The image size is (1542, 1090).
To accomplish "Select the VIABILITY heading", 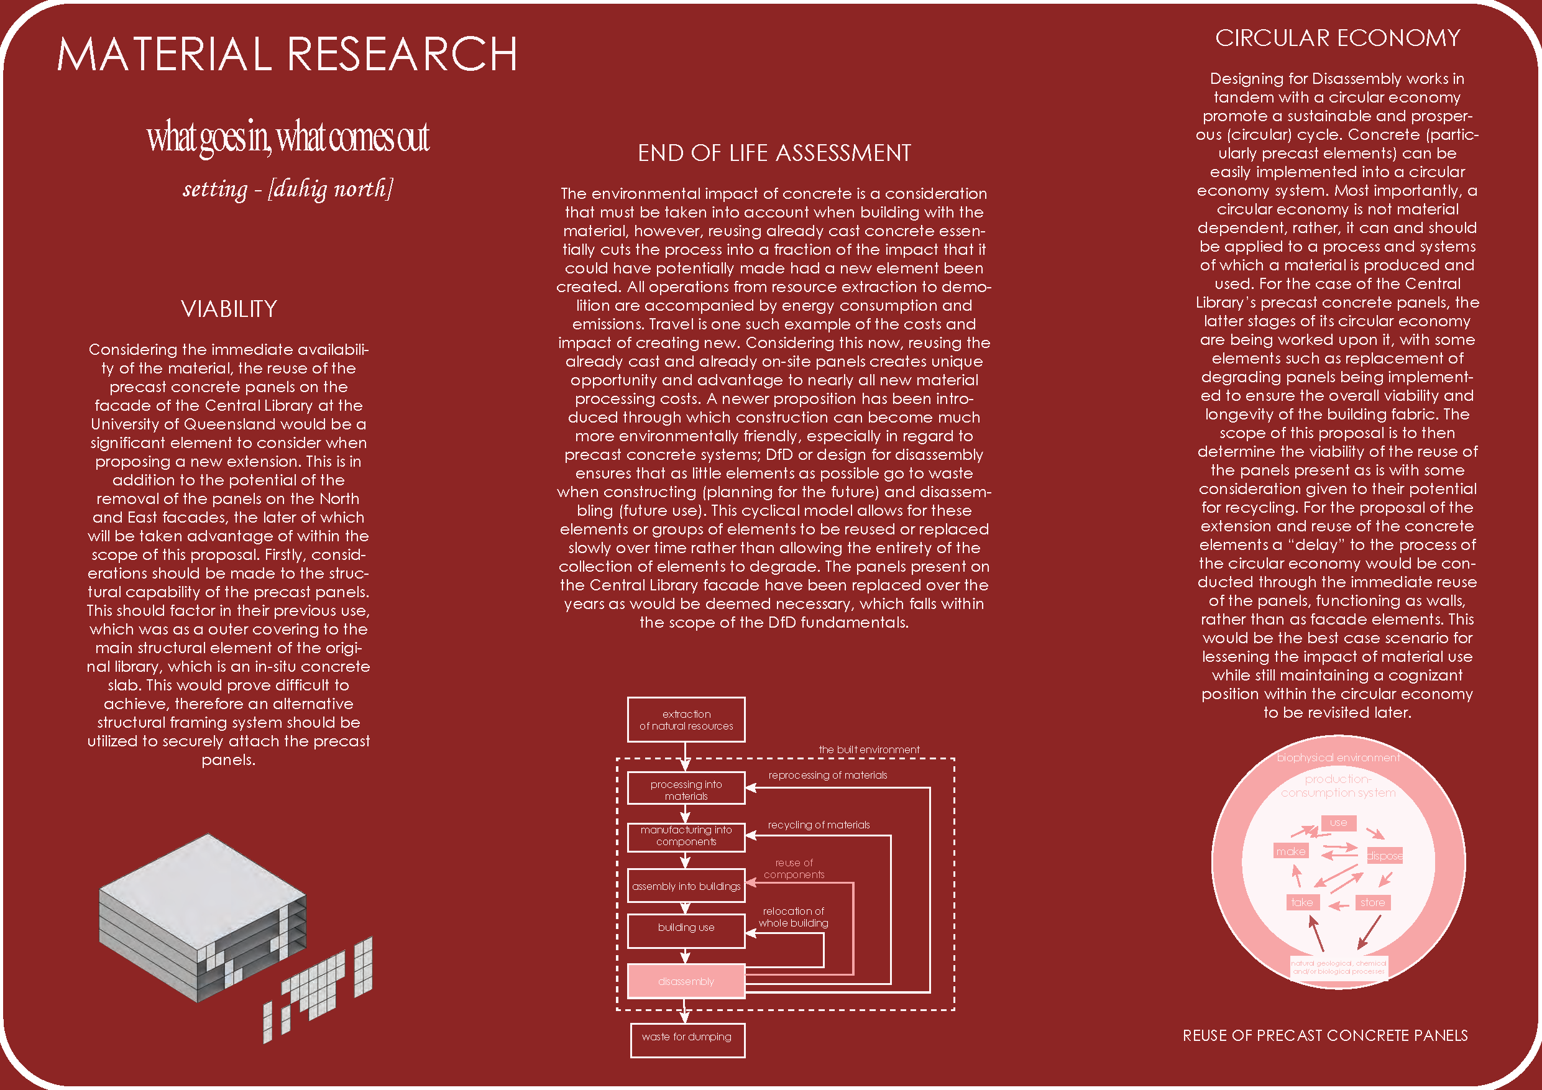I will (228, 309).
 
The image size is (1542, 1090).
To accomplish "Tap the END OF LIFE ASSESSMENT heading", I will (774, 153).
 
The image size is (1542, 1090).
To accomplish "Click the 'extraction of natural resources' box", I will (686, 719).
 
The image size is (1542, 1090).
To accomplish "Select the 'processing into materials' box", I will (686, 789).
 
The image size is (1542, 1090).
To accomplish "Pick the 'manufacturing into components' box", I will (686, 835).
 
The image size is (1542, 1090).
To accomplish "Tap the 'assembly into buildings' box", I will (686, 886).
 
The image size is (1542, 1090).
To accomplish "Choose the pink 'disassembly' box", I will (686, 981).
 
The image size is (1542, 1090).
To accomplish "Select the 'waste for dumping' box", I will (686, 1037).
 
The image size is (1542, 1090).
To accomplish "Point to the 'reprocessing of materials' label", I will (827, 775).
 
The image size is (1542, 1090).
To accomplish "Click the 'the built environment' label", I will (868, 749).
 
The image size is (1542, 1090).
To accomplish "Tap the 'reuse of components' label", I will (794, 868).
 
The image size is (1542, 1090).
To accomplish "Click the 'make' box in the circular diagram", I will (1290, 851).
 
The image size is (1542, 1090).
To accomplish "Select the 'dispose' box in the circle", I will (1384, 856).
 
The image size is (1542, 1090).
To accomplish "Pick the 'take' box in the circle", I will (1301, 902).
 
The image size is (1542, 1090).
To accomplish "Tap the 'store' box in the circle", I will (1372, 902).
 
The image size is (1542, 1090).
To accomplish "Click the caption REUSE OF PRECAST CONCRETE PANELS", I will (1324, 1035).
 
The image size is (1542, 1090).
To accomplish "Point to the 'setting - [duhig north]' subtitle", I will (287, 189).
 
